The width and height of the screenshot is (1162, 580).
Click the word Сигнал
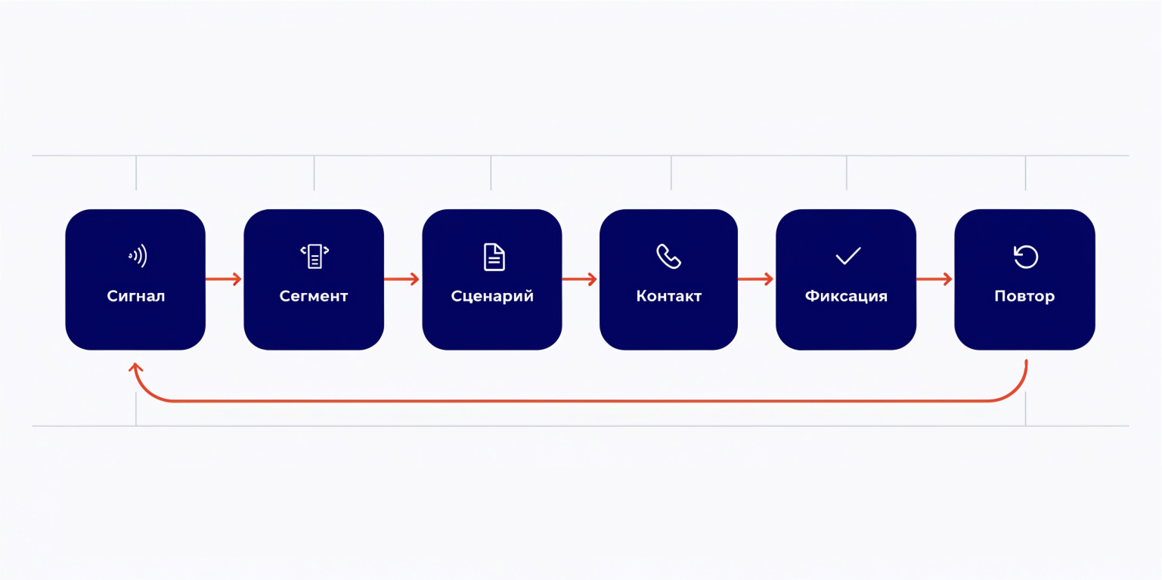pos(136,296)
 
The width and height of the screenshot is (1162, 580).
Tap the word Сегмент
pos(313,296)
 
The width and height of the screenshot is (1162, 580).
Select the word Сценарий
pos(491,296)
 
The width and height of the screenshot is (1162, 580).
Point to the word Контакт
pos(668,296)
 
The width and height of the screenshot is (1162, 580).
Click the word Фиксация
pos(846,296)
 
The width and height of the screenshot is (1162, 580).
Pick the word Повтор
pos(1024,297)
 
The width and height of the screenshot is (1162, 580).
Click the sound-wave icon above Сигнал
pos(138,256)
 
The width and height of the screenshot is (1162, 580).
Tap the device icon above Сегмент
pos(315,256)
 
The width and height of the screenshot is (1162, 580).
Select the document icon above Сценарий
pos(494,257)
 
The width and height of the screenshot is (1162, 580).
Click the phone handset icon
pos(668,257)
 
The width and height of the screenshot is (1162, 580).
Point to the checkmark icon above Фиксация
pos(848,255)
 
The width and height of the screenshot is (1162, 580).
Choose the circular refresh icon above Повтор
pos(1026,257)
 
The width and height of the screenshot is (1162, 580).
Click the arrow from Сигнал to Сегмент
pos(224,279)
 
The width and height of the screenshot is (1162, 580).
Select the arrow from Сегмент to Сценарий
pos(401,279)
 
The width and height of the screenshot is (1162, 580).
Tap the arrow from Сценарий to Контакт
pos(579,279)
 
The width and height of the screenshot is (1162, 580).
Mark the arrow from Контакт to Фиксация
pos(756,279)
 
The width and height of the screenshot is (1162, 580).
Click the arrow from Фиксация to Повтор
pos(934,279)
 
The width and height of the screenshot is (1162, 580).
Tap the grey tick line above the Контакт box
pos(671,173)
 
